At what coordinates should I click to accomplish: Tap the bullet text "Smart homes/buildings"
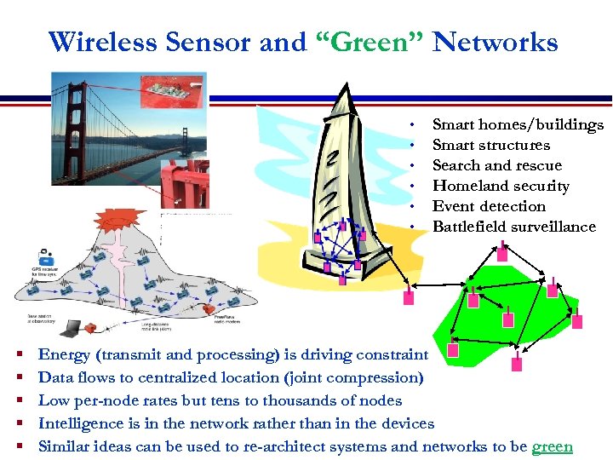(x=518, y=125)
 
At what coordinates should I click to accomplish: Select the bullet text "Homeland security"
(x=501, y=187)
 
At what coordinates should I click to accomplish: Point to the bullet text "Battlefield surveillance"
(x=514, y=227)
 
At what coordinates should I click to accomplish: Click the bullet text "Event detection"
(x=489, y=206)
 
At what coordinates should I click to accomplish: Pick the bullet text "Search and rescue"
(x=497, y=165)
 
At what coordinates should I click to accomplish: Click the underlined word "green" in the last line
(x=552, y=446)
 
